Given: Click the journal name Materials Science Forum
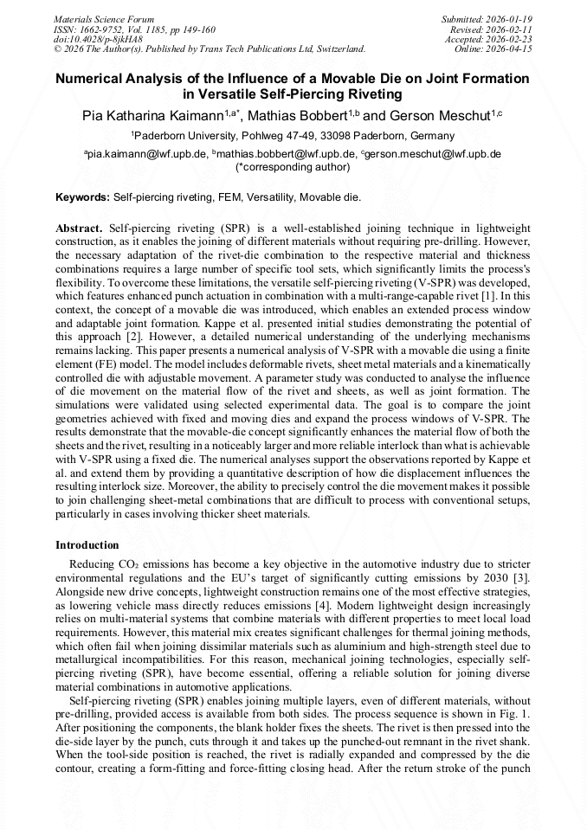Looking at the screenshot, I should [104, 18].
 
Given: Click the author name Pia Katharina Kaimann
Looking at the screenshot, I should [152, 115].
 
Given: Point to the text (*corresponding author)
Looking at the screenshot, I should [293, 166].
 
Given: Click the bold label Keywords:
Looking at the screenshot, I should [82, 197].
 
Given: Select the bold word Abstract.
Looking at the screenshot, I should [80, 228].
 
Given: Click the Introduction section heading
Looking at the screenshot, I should [87, 545].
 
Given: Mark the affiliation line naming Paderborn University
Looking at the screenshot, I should [293, 136].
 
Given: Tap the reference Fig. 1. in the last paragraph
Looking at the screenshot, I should [515, 714].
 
